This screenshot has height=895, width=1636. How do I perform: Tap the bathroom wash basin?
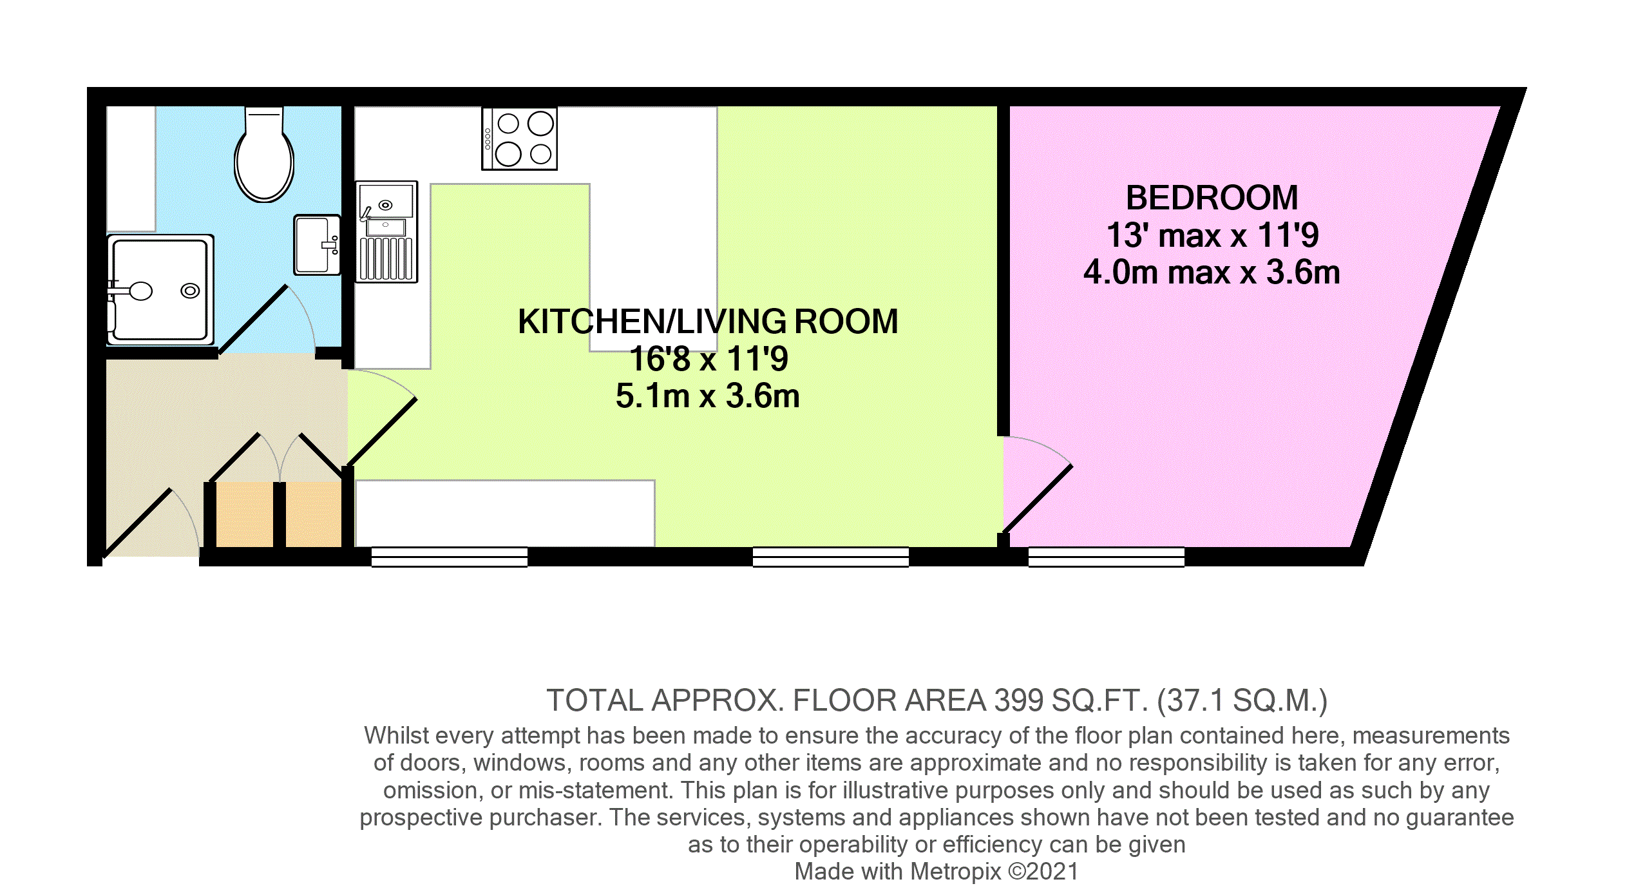click(317, 245)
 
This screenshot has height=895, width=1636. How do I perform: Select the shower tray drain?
click(190, 291)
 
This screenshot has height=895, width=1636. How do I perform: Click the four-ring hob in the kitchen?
click(519, 139)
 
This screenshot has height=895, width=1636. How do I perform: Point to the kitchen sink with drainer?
click(386, 232)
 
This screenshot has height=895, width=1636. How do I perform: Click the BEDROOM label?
click(1212, 198)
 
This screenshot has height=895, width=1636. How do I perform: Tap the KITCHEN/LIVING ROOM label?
click(708, 322)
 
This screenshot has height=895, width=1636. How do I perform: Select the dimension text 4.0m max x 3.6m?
click(1212, 273)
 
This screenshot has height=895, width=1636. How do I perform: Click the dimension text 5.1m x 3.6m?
click(707, 396)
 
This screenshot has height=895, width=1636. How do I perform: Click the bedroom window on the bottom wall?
click(1106, 557)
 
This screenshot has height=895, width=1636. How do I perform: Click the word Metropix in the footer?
click(956, 871)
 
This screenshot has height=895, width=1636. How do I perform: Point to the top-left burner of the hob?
click(508, 123)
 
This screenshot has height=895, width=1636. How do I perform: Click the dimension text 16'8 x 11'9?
click(708, 359)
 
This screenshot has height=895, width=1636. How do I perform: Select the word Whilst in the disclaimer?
click(397, 735)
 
